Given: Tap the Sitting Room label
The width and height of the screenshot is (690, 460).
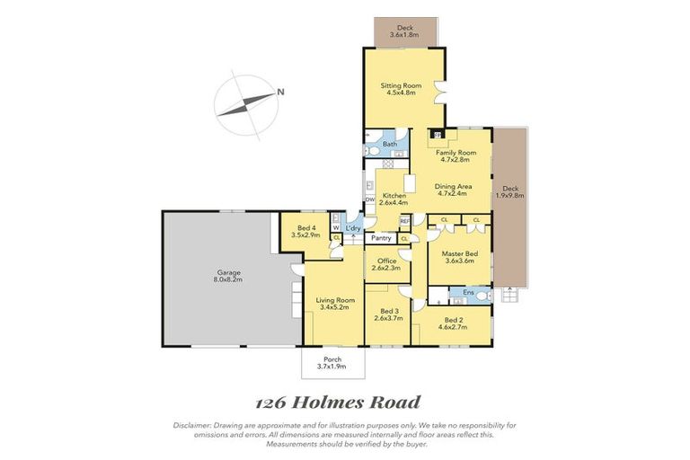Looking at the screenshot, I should pyautogui.click(x=403, y=85).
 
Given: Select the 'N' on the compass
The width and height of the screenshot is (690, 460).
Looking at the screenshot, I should pyautogui.click(x=280, y=92).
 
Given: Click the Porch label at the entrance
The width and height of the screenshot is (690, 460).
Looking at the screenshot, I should pyautogui.click(x=332, y=359).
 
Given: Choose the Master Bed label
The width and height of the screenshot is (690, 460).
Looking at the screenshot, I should pyautogui.click(x=459, y=254).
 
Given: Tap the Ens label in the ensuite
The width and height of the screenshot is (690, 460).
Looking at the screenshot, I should pyautogui.click(x=467, y=292).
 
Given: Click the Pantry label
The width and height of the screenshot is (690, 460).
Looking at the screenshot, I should pyautogui.click(x=381, y=238).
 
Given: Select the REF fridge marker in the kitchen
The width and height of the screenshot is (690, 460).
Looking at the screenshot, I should pyautogui.click(x=404, y=220).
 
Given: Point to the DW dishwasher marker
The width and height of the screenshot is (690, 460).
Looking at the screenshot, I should pyautogui.click(x=369, y=199).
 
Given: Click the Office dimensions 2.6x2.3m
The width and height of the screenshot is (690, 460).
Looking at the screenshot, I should pyautogui.click(x=387, y=268).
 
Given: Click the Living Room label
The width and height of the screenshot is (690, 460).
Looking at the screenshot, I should pyautogui.click(x=333, y=299).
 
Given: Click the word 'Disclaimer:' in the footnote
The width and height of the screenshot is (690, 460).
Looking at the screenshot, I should pyautogui.click(x=193, y=424).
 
